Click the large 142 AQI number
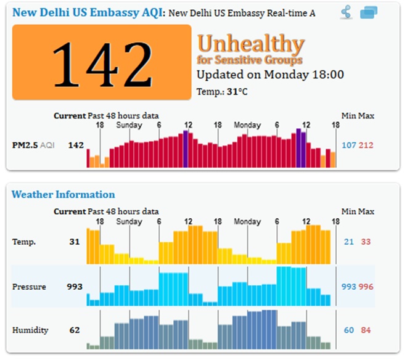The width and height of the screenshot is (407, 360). pos(101,62)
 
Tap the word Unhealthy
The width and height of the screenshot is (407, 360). pos(251,44)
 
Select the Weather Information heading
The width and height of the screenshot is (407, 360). pos(63,195)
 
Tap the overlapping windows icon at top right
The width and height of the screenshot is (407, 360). pos(369,12)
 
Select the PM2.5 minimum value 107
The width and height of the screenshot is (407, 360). pos(349,145)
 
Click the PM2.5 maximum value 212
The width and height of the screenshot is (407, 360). pos(366,145)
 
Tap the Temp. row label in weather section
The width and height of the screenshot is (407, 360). pos(23,242)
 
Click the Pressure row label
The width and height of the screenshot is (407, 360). pos(28,287)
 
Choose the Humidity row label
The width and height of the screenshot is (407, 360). pos(30,330)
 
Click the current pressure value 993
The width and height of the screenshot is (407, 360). pos(75,287)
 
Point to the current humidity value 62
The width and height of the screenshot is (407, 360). pos(75,330)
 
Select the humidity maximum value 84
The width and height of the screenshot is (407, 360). pos(366,330)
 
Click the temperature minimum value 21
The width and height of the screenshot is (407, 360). pos(349,242)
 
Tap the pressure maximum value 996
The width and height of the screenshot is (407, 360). pos(366,287)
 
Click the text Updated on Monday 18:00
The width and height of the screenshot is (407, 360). pos(269,75)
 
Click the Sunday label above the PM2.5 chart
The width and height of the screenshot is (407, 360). pos(129,125)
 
